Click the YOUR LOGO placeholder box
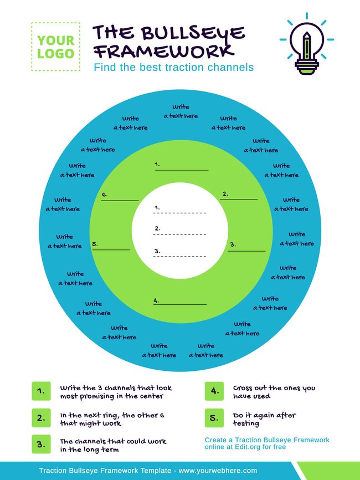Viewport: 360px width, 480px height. tap(55, 47)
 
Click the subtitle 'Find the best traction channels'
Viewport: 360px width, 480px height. tap(173, 68)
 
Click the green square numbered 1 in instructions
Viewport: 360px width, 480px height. tap(41, 391)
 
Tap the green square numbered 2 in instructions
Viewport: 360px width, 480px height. tap(41, 418)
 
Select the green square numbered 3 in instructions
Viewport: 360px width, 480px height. tap(41, 445)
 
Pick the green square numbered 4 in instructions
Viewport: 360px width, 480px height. tap(214, 391)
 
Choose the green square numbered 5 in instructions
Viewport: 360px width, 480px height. tap(214, 418)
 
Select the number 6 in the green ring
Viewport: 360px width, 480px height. tap(105, 195)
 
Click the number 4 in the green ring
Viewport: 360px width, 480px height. tap(156, 300)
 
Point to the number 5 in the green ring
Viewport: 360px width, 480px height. tap(95, 244)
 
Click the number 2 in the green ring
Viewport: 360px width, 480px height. tap(225, 194)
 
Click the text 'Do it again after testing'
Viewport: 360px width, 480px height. tap(264, 419)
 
